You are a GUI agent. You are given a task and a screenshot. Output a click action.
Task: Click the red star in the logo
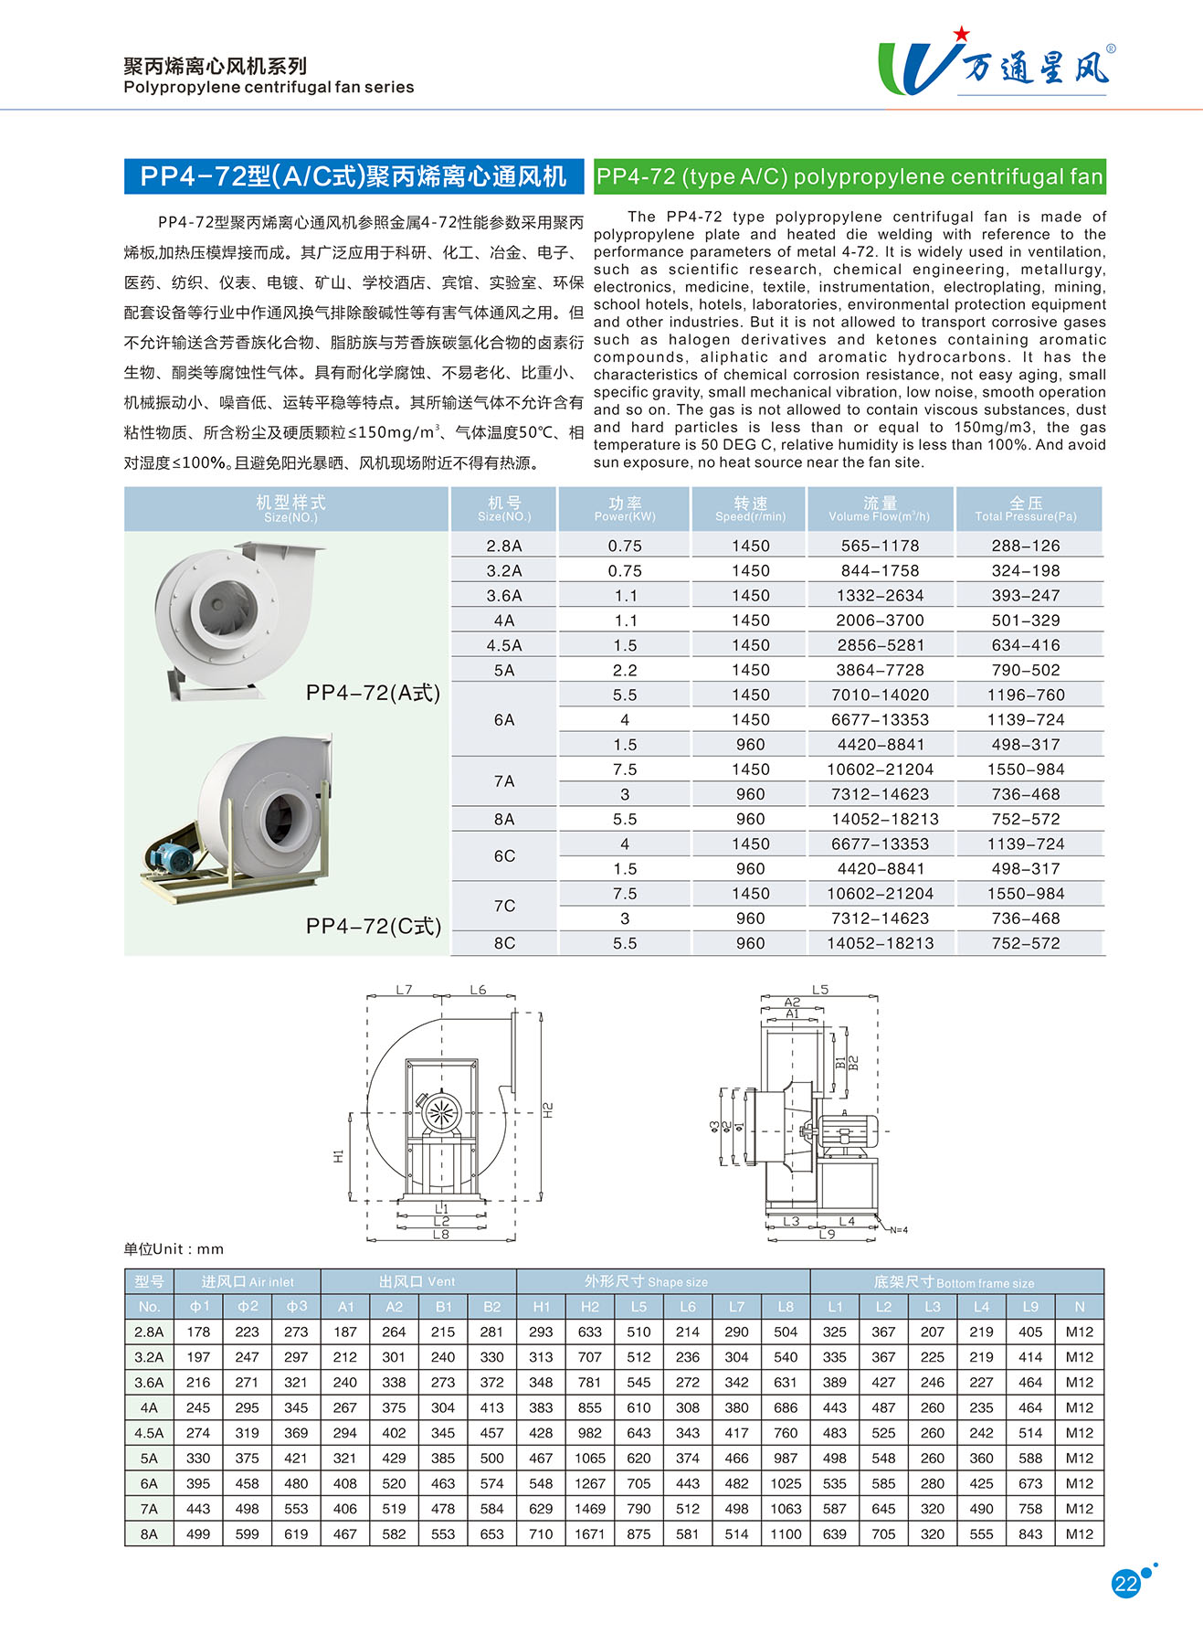(961, 34)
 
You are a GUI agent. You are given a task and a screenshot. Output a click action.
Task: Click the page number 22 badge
(1126, 1584)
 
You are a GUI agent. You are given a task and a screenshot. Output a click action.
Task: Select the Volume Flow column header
(880, 509)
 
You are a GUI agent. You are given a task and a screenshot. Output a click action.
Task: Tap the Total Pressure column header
(1026, 509)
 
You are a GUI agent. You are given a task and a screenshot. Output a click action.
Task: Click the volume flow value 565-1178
(880, 546)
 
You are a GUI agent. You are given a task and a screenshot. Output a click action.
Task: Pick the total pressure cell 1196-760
(1026, 695)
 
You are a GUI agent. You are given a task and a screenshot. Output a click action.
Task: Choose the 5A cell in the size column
(504, 670)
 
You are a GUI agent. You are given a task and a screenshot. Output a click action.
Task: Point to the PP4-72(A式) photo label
(373, 693)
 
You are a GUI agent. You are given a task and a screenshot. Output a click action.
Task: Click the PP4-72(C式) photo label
(374, 926)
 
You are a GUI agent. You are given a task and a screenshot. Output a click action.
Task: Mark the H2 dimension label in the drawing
(548, 1110)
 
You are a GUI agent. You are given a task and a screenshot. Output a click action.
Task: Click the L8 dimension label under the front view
(441, 1235)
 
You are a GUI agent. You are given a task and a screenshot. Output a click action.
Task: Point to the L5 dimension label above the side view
(820, 990)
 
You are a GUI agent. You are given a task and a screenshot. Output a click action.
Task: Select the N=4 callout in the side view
(898, 1230)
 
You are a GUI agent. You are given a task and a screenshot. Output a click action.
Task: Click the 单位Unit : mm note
(174, 1248)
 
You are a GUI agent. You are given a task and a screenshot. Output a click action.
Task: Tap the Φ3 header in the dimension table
(296, 1306)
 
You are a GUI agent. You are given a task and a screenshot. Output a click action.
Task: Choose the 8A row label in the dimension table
(149, 1534)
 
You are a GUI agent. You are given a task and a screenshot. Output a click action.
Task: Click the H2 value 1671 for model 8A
(590, 1534)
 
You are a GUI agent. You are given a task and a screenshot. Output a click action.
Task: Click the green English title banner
(849, 176)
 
